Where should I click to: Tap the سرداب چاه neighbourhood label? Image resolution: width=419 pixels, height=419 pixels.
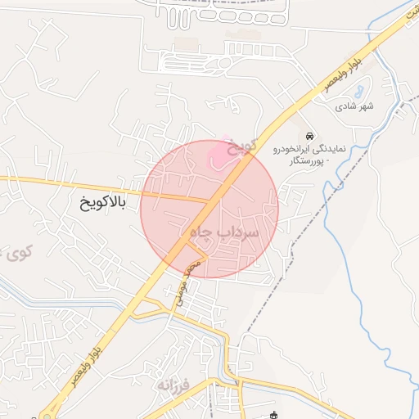click(223, 232)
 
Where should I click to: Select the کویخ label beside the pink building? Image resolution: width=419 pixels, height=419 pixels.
click(243, 146)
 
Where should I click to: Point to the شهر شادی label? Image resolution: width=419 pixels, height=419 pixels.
click(354, 106)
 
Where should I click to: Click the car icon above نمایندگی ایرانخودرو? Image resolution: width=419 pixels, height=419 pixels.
click(309, 136)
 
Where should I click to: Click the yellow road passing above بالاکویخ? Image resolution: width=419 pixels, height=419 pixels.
click(65, 182)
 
